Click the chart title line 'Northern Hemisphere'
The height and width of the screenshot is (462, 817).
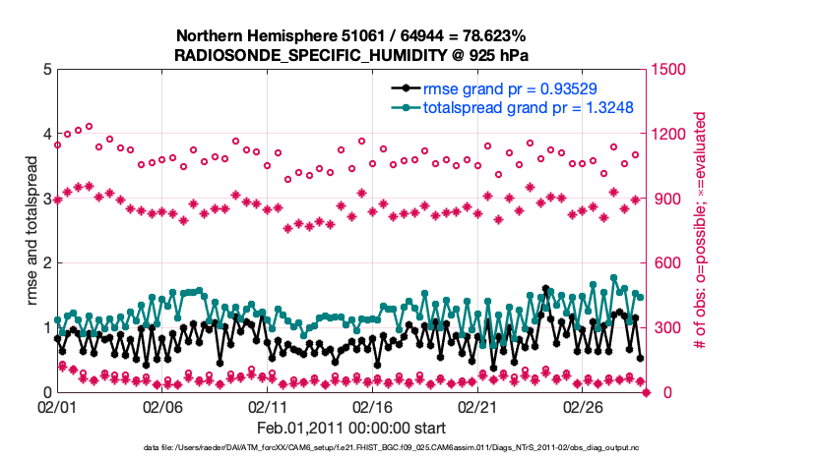click(350, 36)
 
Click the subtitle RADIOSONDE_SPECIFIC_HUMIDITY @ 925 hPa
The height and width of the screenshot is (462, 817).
click(350, 55)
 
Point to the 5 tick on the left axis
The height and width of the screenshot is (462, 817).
click(46, 70)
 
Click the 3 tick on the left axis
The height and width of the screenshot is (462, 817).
click(46, 199)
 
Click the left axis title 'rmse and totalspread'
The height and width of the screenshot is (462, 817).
click(31, 231)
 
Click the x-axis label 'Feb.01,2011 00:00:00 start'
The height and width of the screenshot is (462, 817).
click(350, 428)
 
